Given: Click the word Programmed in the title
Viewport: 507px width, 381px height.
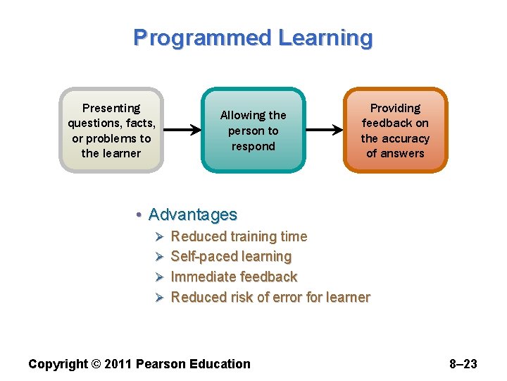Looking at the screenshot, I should pyautogui.click(x=202, y=37).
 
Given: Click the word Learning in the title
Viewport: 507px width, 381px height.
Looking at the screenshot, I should pyautogui.click(x=325, y=37).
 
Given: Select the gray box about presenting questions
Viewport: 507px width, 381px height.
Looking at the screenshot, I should pyautogui.click(x=111, y=131).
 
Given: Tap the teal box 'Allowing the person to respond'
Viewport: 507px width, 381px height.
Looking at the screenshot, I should pyautogui.click(x=253, y=131).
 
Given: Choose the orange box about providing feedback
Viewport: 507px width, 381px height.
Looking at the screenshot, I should pyautogui.click(x=395, y=131).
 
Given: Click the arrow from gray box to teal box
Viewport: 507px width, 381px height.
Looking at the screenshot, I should pyautogui.click(x=182, y=130).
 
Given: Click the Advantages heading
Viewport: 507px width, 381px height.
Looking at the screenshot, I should pyautogui.click(x=193, y=214).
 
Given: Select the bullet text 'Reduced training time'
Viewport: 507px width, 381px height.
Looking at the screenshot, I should pyautogui.click(x=239, y=236).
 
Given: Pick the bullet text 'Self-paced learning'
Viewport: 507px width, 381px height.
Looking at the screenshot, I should pyautogui.click(x=231, y=256).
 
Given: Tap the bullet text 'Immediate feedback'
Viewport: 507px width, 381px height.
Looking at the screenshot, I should pyautogui.click(x=234, y=277).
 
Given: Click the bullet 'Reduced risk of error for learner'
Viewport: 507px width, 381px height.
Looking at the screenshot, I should pyautogui.click(x=270, y=297).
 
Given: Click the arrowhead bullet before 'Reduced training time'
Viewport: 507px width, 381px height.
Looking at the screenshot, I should pyautogui.click(x=159, y=236).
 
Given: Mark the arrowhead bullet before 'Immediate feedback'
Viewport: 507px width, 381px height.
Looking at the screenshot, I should pyautogui.click(x=159, y=277).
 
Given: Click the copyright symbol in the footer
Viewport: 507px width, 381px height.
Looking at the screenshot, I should pyautogui.click(x=96, y=364).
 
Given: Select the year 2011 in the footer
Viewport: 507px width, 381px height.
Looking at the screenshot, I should pyautogui.click(x=118, y=364).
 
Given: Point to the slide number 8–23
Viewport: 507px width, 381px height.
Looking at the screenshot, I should pyautogui.click(x=463, y=364).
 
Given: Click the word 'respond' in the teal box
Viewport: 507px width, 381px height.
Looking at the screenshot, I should pyautogui.click(x=253, y=146).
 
